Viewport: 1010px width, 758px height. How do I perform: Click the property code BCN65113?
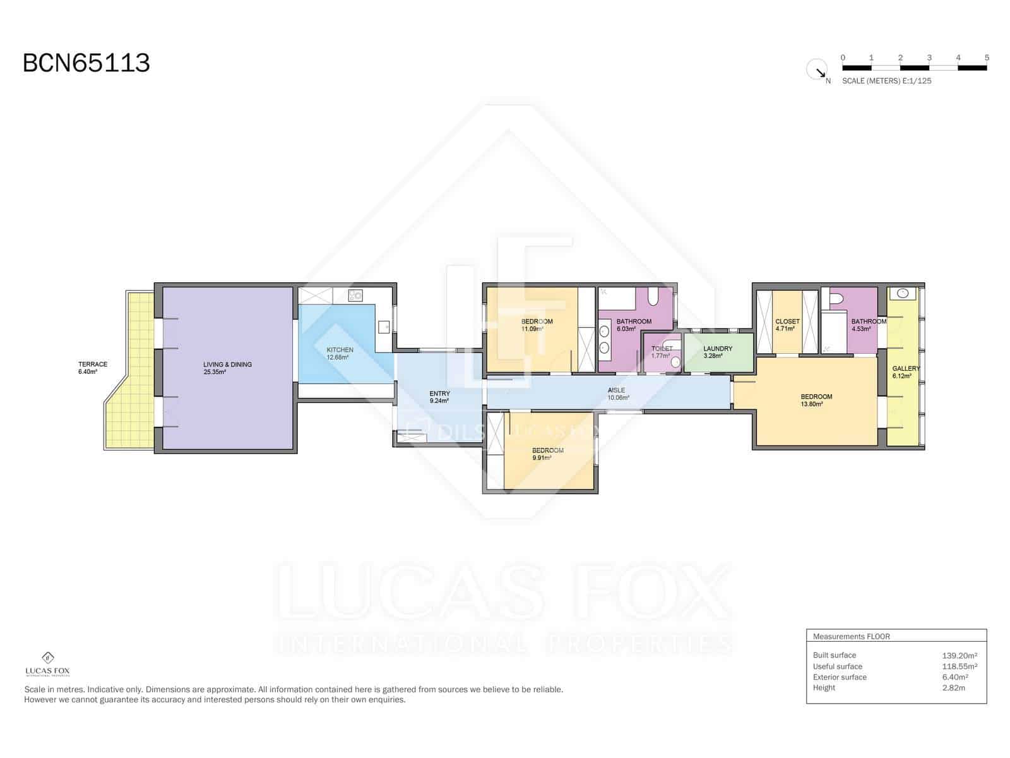coord(86,63)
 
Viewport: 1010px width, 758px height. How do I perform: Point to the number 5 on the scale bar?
coord(987,57)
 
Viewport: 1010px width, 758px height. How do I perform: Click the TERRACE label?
coord(93,364)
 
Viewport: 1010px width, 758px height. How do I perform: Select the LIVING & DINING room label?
coord(227,364)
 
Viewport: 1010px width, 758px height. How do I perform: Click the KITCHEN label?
coord(340,350)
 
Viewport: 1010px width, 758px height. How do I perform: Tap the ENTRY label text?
coord(439,394)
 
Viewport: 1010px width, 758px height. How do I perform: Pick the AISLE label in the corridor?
coord(616,390)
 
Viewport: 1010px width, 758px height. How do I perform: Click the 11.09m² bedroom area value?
coord(532,329)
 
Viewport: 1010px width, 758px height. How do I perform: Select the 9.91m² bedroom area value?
coord(542,458)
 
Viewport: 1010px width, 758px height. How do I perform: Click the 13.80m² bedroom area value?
coord(812,404)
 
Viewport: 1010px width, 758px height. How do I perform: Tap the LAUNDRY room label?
coord(718,349)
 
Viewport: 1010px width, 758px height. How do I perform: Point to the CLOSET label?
coord(787,322)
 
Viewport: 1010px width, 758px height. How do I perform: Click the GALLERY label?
coord(906,368)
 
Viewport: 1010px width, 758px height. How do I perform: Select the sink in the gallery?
coord(903,293)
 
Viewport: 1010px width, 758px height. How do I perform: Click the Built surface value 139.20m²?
coord(959,656)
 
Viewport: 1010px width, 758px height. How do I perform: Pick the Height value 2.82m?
coord(953,688)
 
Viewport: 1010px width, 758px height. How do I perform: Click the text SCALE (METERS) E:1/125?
coord(886,81)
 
